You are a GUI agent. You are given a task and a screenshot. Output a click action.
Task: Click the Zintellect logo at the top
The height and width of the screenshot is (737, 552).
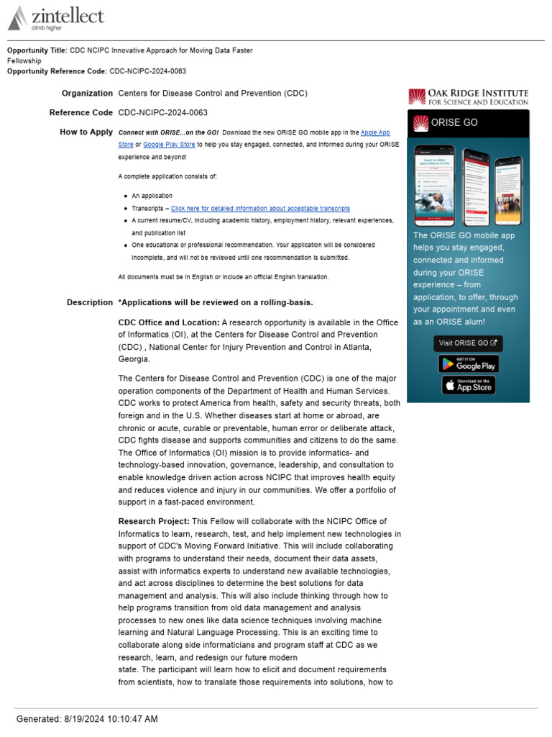(55, 18)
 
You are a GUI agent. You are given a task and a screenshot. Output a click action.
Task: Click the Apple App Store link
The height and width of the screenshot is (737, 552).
(375, 132)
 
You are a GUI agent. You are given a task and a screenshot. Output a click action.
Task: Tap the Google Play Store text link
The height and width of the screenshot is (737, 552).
(164, 145)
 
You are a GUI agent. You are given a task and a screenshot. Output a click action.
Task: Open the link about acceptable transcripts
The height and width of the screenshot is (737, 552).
(260, 208)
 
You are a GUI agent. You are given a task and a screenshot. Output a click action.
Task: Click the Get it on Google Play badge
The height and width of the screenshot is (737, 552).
(469, 363)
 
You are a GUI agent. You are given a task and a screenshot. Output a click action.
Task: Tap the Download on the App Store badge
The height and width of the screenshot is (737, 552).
(469, 385)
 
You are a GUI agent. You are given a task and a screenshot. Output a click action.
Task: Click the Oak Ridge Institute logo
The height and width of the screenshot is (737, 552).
(468, 97)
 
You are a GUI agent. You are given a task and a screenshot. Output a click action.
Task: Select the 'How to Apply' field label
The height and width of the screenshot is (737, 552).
(86, 132)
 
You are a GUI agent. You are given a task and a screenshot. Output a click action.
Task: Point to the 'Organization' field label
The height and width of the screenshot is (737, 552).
(87, 94)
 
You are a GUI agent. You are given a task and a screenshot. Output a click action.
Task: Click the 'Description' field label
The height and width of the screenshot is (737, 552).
(90, 302)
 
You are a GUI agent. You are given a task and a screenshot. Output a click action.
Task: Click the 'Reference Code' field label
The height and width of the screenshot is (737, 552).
(81, 113)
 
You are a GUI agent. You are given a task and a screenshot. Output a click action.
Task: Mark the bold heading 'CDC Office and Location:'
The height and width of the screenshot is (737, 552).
(169, 322)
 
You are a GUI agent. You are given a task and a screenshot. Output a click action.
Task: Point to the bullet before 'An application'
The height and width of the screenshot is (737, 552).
(126, 196)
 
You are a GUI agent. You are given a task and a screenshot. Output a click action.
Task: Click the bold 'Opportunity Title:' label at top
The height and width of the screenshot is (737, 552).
(37, 50)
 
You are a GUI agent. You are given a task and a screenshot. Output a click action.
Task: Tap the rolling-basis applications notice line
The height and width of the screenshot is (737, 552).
(216, 302)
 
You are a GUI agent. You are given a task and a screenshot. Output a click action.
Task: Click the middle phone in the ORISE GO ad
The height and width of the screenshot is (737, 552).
(476, 186)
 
